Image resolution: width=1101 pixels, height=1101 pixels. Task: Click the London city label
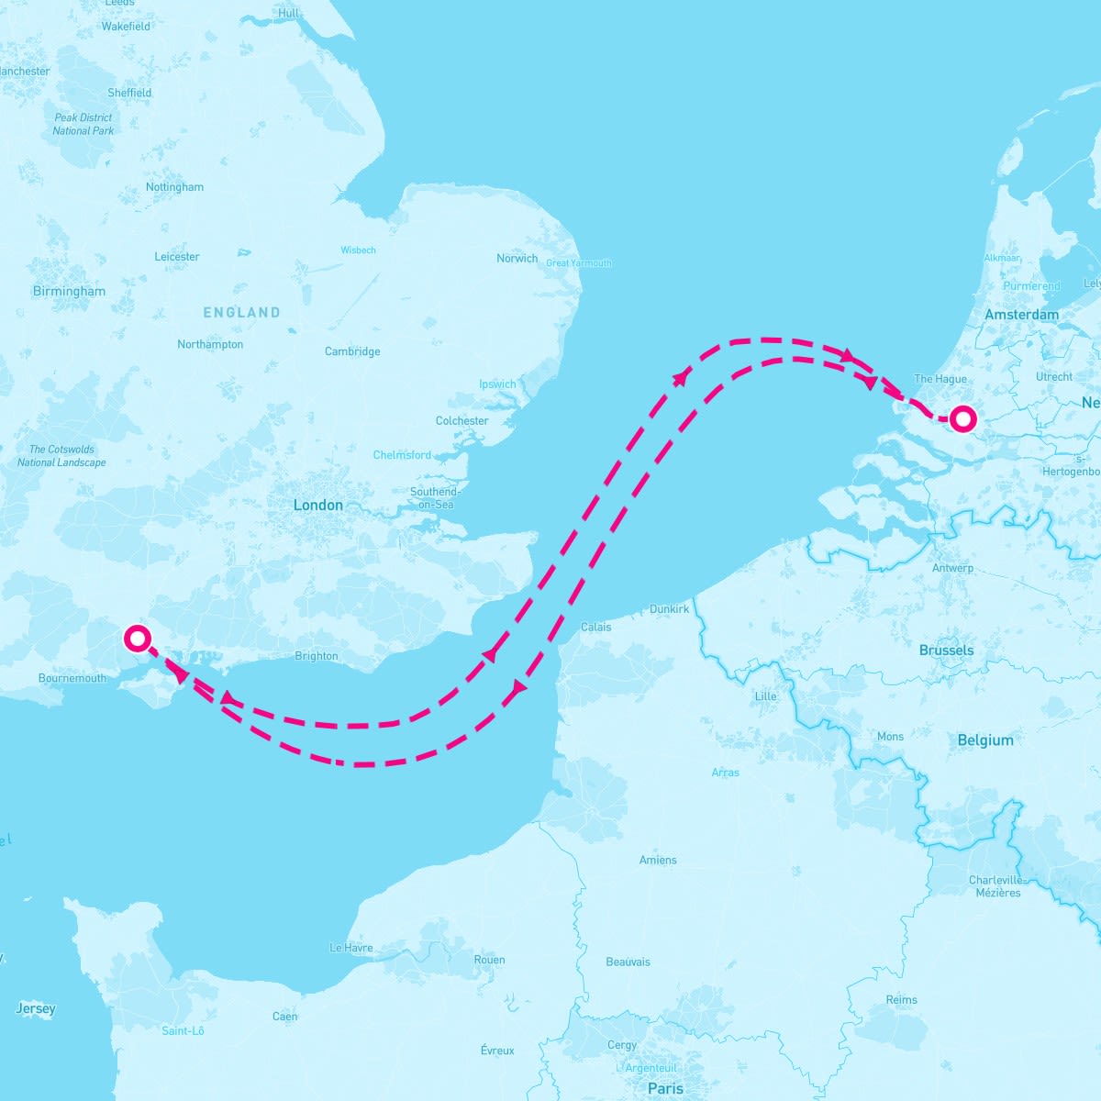[x=317, y=505]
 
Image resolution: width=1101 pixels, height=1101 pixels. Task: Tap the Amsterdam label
[x=1021, y=315]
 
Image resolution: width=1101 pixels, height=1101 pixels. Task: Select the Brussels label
[x=946, y=651]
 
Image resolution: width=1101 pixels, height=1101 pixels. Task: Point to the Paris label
[x=665, y=1088]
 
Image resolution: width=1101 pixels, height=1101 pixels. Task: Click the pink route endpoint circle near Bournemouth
[x=137, y=638]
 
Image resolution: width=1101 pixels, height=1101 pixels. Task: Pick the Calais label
[x=595, y=628]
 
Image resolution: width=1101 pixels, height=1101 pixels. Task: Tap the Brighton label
[x=317, y=656]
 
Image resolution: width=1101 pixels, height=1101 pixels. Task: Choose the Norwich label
[x=517, y=259]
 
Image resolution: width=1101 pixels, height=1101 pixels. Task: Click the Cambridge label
[x=352, y=351]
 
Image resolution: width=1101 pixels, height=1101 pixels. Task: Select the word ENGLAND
[x=241, y=313]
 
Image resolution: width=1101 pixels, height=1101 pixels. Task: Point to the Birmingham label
[x=69, y=292]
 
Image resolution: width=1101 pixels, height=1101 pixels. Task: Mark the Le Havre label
[x=351, y=948]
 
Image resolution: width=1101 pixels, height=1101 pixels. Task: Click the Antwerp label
[x=952, y=568]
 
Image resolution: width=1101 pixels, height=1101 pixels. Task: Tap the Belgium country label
[x=985, y=740]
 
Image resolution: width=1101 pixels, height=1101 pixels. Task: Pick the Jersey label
[x=36, y=1009]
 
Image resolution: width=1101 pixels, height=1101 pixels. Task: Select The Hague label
[x=940, y=379]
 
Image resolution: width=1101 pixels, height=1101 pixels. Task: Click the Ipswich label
[x=497, y=384]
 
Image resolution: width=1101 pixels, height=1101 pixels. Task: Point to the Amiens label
[x=658, y=860]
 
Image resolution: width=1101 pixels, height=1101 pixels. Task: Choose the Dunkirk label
[x=669, y=609]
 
